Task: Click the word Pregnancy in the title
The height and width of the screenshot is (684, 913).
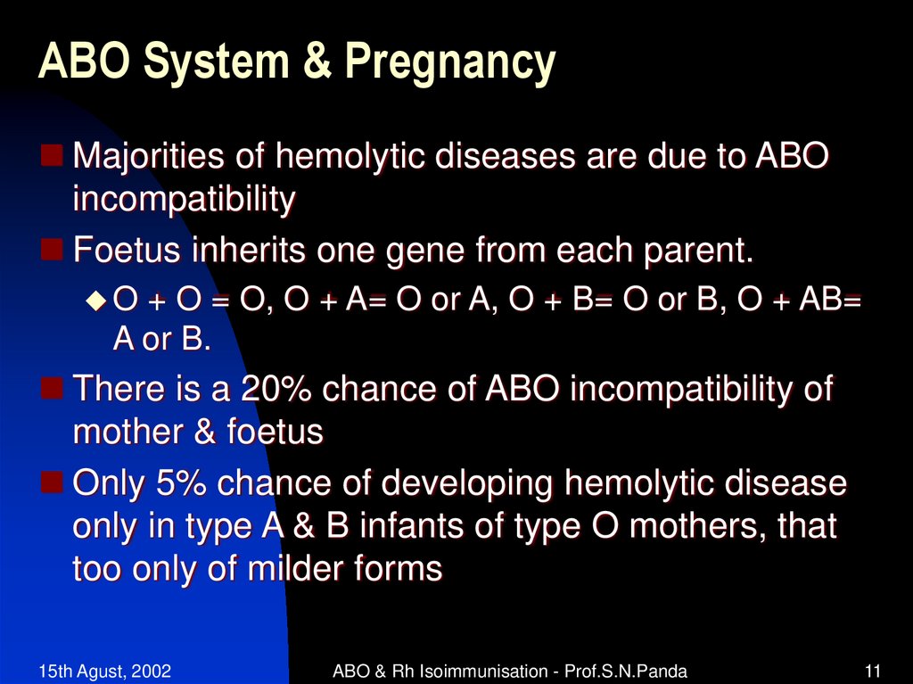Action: tap(450, 65)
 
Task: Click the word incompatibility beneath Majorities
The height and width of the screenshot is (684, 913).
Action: tap(183, 201)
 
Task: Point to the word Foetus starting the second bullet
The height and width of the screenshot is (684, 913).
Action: tap(126, 251)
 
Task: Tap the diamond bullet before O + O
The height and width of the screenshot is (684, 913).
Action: tap(96, 301)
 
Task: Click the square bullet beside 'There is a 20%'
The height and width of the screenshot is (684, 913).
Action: tap(52, 387)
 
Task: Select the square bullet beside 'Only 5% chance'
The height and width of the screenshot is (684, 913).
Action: tap(52, 482)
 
